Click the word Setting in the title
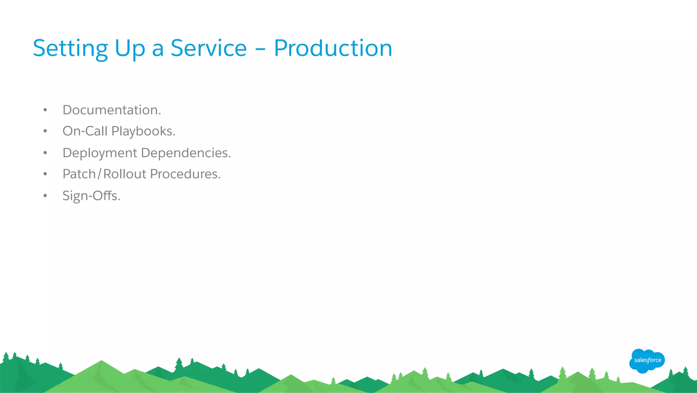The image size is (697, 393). pos(70,48)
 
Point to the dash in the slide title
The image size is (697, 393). pos(260,49)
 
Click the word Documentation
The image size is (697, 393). pos(112,110)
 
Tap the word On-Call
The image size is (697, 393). pos(85,131)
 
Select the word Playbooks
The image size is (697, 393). pos(143,132)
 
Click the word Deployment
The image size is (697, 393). pos(100,153)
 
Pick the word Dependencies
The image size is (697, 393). pos(186,153)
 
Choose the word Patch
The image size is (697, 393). pos(79,174)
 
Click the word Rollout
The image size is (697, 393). pos(125,174)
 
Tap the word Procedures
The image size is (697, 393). pos(185,174)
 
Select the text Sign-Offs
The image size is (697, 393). pos(91,196)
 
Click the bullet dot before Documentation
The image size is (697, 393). pos(45,110)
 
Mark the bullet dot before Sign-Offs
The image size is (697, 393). pos(45,196)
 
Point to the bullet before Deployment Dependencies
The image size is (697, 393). pos(45,153)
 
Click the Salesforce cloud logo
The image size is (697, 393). pos(647,361)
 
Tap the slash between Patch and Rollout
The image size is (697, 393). pos(99,174)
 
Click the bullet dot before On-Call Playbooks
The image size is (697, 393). pos(45,131)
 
